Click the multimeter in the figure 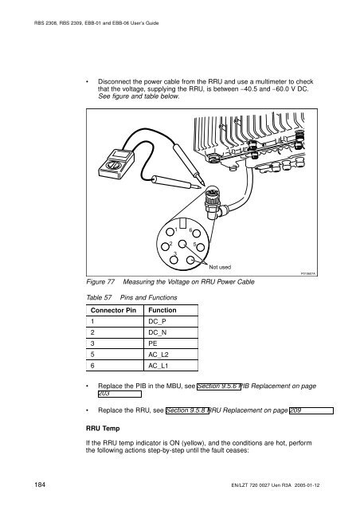pos(116,163)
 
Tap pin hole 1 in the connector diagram pos(170,232)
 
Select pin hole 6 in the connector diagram pos(196,233)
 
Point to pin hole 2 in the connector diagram pos(165,246)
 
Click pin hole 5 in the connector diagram pos(201,248)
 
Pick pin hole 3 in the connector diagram pos(174,260)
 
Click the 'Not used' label pos(220,267)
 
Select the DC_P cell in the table pos(170,321)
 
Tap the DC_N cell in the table pos(170,332)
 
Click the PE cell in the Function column pos(170,343)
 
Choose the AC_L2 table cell pos(170,355)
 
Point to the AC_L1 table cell pos(170,366)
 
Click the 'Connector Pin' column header pos(113,310)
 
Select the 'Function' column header pos(162,310)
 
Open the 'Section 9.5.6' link pos(218,386)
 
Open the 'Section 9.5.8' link pos(187,410)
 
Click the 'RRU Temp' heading pos(103,429)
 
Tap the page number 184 pos(40,484)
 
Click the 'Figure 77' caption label pos(100,281)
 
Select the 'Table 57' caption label pos(99,297)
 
